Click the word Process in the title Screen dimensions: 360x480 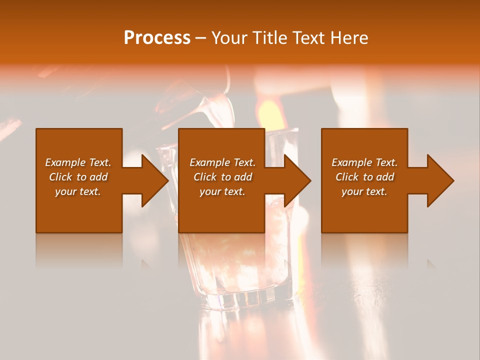tap(157, 38)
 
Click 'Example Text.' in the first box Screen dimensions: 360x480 tap(78, 162)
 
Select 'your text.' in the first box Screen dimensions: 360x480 tap(78, 191)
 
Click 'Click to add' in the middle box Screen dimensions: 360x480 tap(222, 177)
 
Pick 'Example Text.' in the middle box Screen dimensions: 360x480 tap(222, 162)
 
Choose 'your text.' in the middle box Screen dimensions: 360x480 tap(222, 191)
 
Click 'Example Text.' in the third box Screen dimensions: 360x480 tap(364, 162)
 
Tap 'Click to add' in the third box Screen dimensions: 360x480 tap(364, 177)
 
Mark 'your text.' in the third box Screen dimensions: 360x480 tap(364, 191)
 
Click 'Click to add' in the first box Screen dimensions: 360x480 tap(78, 177)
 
